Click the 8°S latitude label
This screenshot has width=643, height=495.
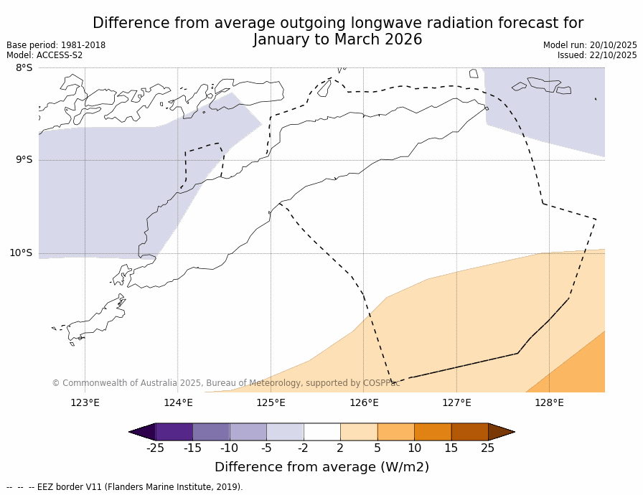pos(24,67)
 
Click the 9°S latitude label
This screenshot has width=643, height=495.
pos(24,160)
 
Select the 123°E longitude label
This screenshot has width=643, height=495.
pos(85,402)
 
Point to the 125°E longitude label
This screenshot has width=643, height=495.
pos(271,402)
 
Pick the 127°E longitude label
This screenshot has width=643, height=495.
pos(456,402)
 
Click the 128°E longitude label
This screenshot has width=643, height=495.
pos(549,402)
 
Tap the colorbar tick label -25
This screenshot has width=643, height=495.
pos(155,448)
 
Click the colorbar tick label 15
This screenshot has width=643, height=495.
pos(451,448)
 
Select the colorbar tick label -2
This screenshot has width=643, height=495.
pos(304,448)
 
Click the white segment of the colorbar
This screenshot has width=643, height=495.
pos(321,432)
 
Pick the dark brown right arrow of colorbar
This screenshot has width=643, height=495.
pos(501,432)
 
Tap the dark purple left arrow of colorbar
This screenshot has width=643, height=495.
pos(142,432)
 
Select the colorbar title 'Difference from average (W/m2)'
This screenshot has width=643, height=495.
pos(321,467)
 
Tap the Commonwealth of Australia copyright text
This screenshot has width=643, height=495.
pos(225,383)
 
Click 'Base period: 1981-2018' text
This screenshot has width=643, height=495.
pos(56,45)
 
